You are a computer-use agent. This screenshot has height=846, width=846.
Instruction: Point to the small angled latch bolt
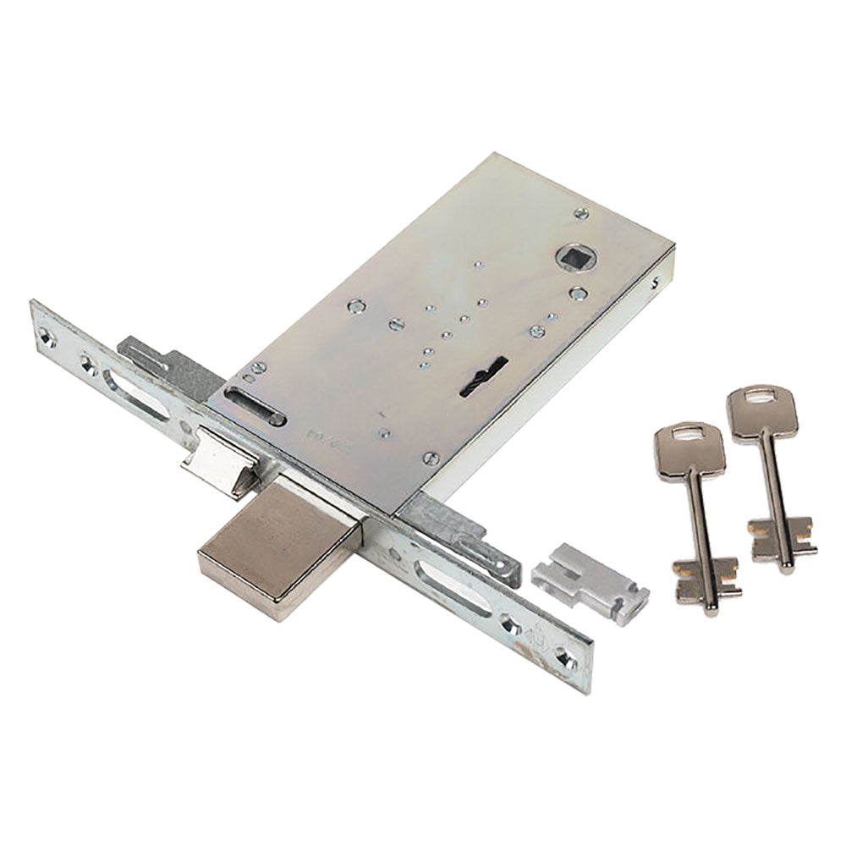click(x=222, y=461)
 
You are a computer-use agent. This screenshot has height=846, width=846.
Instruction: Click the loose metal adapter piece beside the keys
click(x=590, y=581)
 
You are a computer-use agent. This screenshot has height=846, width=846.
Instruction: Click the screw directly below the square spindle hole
click(x=578, y=294)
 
